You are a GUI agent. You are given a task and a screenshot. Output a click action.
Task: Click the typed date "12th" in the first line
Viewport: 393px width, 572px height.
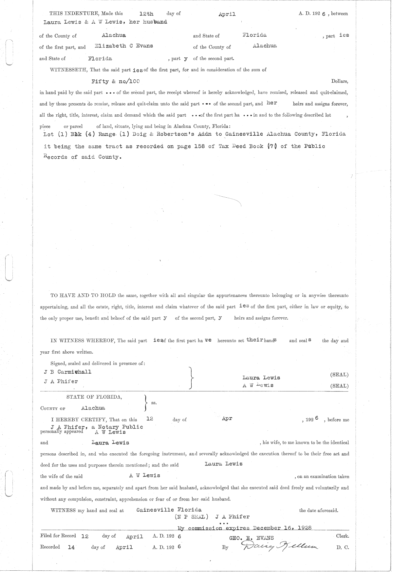pyautogui.click(x=146, y=14)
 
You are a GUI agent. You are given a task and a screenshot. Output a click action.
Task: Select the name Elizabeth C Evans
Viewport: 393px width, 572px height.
pyautogui.click(x=124, y=46)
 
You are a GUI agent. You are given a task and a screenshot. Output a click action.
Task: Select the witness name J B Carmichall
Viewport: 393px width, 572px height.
pyautogui.click(x=67, y=372)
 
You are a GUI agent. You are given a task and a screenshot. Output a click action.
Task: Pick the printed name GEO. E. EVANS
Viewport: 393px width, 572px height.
pyautogui.click(x=252, y=538)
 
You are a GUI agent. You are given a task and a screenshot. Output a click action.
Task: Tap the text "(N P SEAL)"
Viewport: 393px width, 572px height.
pyautogui.click(x=192, y=517)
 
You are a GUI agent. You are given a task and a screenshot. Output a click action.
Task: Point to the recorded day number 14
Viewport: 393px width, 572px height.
pyautogui.click(x=71, y=547)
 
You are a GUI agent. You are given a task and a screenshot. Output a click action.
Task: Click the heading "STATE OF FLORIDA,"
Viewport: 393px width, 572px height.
pyautogui.click(x=94, y=397)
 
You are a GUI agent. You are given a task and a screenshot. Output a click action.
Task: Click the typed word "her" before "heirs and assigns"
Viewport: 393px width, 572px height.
pyautogui.click(x=272, y=103)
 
